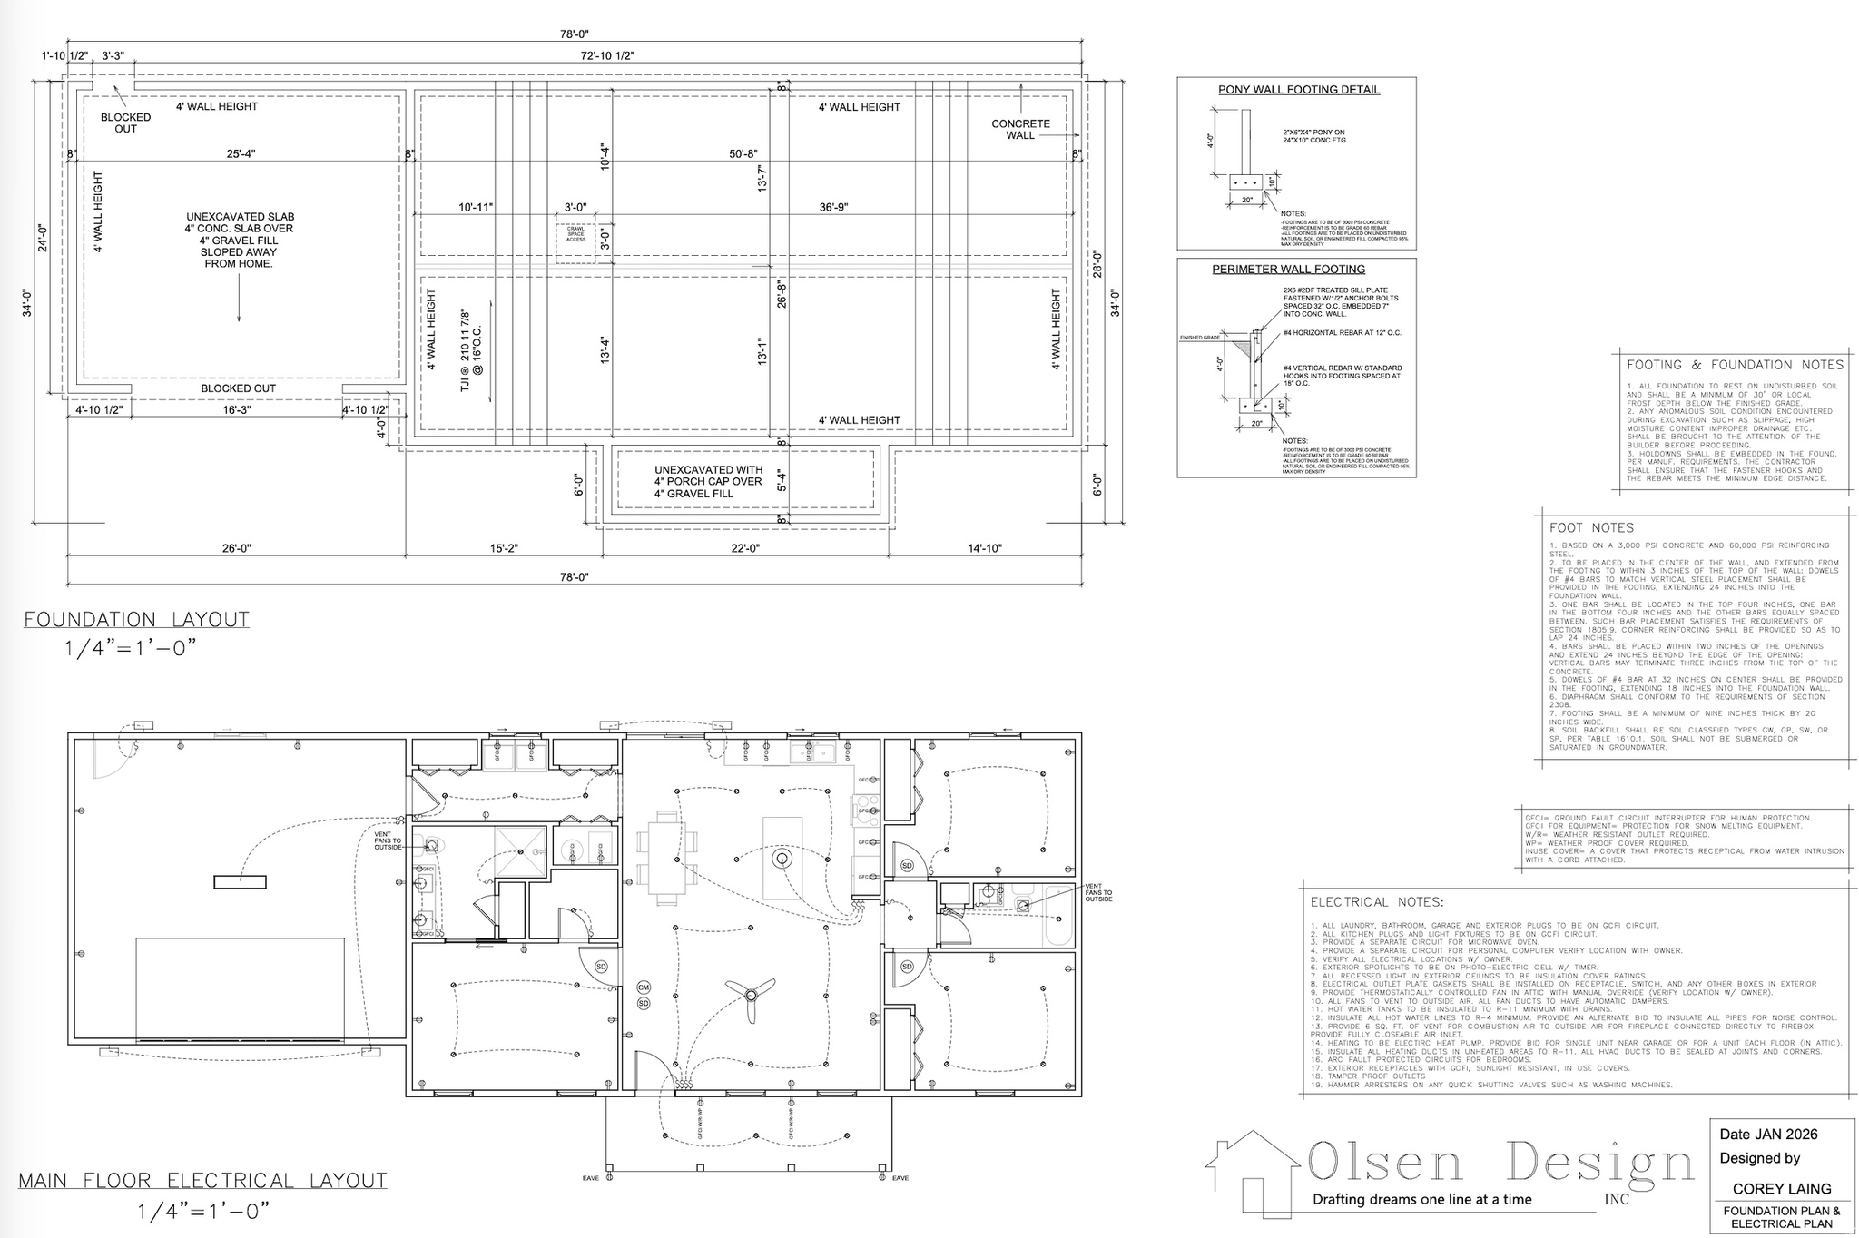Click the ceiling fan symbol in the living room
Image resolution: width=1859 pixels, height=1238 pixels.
[x=750, y=994]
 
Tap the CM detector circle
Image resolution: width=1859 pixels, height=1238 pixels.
[x=644, y=987]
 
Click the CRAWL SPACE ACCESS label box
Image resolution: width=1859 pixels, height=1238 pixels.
[x=575, y=235]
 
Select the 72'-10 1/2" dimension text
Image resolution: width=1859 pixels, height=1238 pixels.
[x=607, y=56]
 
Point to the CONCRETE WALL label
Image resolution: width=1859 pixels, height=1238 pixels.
[x=1020, y=130]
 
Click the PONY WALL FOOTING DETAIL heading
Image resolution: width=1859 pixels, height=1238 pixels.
[x=1298, y=90]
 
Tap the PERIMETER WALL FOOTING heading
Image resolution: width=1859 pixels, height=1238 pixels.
[x=1288, y=270]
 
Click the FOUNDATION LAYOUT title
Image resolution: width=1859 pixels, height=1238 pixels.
[x=136, y=620]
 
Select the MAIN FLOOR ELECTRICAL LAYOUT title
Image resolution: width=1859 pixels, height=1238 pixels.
[x=202, y=1181]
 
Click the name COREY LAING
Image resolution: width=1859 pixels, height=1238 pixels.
[x=1781, y=1188]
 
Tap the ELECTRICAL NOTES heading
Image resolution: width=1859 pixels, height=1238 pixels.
[x=1376, y=902]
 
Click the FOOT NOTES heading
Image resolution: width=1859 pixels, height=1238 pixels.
[x=1591, y=528]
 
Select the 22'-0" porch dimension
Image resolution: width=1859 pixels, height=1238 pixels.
[x=745, y=548]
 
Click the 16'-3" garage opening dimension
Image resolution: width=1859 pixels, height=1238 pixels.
[x=237, y=410]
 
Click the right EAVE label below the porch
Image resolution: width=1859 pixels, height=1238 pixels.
[x=900, y=1178]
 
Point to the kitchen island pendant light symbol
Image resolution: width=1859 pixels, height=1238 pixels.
[x=780, y=858]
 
